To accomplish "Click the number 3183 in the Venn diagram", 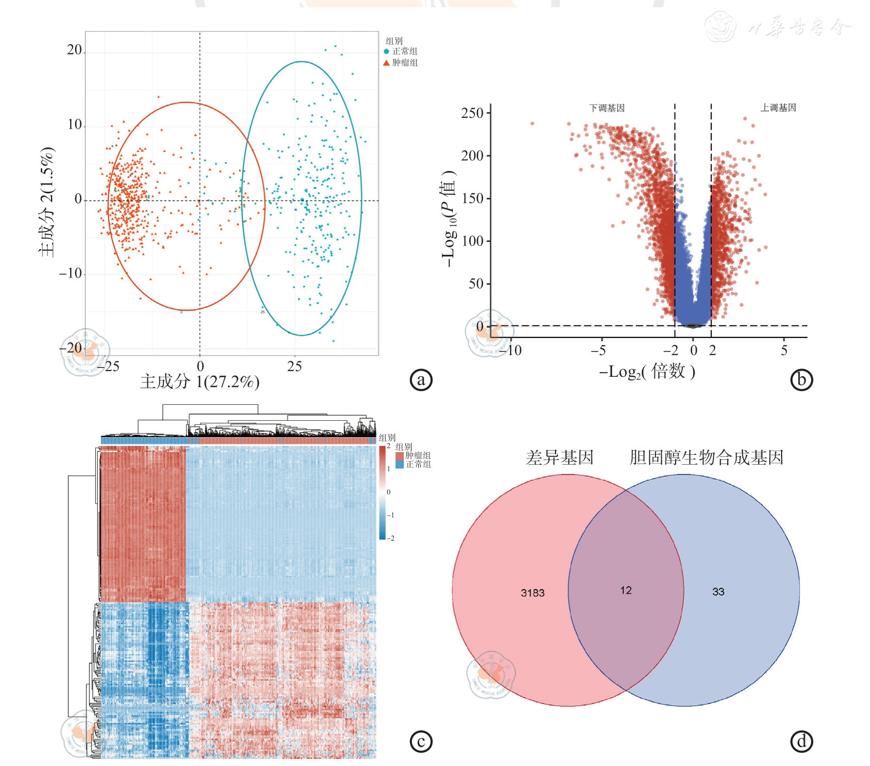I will tap(532, 593).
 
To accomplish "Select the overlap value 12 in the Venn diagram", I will tap(626, 590).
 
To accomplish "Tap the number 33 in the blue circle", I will tap(718, 592).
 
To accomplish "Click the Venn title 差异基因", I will tap(559, 457).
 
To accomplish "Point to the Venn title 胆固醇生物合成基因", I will tap(706, 457).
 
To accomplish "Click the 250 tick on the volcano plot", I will tap(472, 113).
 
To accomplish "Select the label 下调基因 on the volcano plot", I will tap(606, 108).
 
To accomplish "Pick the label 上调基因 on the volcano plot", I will tap(778, 108).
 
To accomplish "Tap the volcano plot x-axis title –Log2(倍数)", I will tap(647, 372).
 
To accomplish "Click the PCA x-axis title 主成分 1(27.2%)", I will tap(200, 382).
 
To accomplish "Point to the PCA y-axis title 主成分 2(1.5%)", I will tap(47, 202).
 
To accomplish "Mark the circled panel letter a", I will tap(421, 380).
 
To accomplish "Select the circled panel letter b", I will tap(801, 380).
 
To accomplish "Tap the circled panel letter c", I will tap(421, 741).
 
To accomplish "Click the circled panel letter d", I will tap(801, 741).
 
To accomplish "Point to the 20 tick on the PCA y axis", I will tap(74, 50).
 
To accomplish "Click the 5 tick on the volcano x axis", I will tap(784, 350).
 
